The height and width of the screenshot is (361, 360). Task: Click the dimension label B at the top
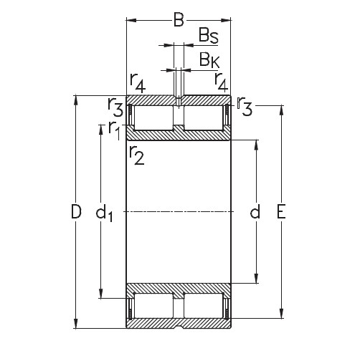(x=179, y=19)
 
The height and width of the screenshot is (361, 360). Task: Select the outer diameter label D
(x=66, y=212)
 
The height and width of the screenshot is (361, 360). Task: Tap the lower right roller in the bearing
(x=204, y=307)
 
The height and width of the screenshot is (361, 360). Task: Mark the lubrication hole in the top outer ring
(x=179, y=100)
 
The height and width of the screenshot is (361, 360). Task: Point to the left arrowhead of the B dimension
(x=131, y=20)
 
